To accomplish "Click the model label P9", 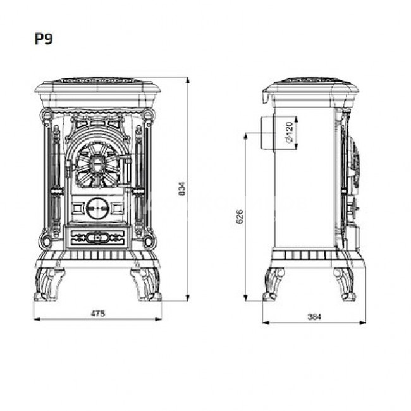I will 44,39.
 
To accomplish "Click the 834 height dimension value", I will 182,188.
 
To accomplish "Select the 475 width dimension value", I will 97,314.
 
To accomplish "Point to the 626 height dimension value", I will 239,216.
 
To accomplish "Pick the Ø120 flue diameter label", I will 289,133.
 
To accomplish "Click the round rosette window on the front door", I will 97,164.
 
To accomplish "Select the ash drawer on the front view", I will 97,238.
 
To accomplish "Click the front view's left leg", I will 49,284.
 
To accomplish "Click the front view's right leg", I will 145,284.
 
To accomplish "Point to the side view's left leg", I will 274,284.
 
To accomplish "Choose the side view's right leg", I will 345,284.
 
